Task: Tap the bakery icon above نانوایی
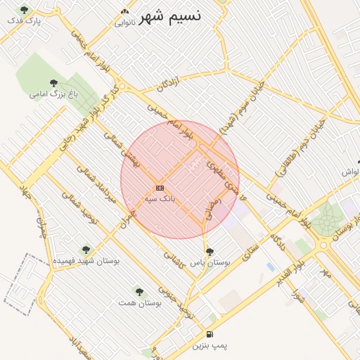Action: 125,12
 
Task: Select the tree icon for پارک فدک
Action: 25,10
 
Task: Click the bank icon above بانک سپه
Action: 160,188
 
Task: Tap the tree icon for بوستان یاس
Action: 210,251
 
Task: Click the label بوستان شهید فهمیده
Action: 86,261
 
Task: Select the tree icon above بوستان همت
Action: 139,290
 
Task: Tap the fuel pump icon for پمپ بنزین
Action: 210,334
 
